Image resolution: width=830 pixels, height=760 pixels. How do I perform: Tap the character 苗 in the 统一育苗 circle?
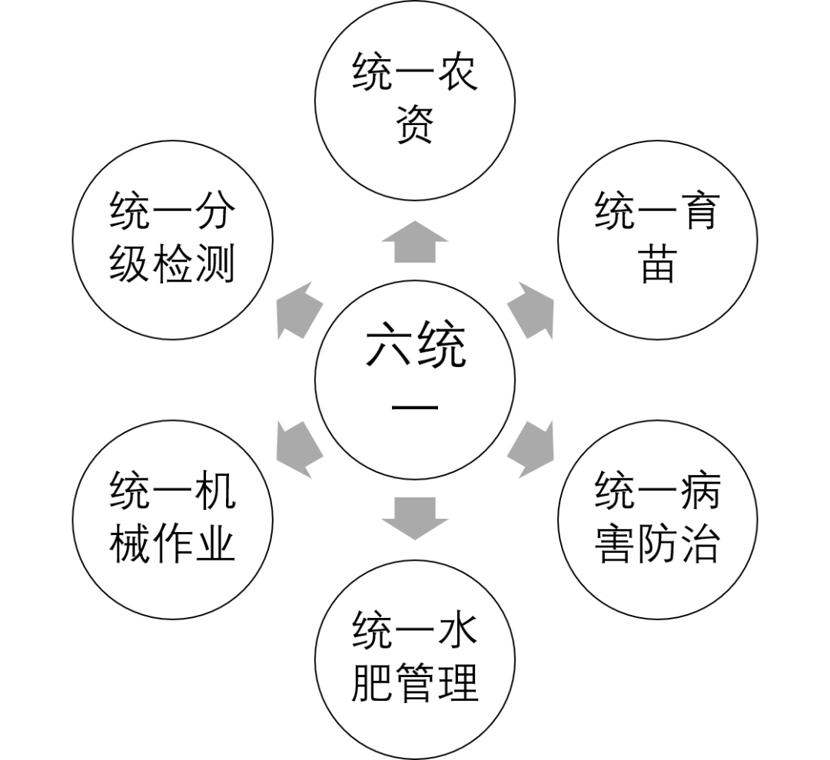658,266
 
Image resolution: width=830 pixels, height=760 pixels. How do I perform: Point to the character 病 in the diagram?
696,492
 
